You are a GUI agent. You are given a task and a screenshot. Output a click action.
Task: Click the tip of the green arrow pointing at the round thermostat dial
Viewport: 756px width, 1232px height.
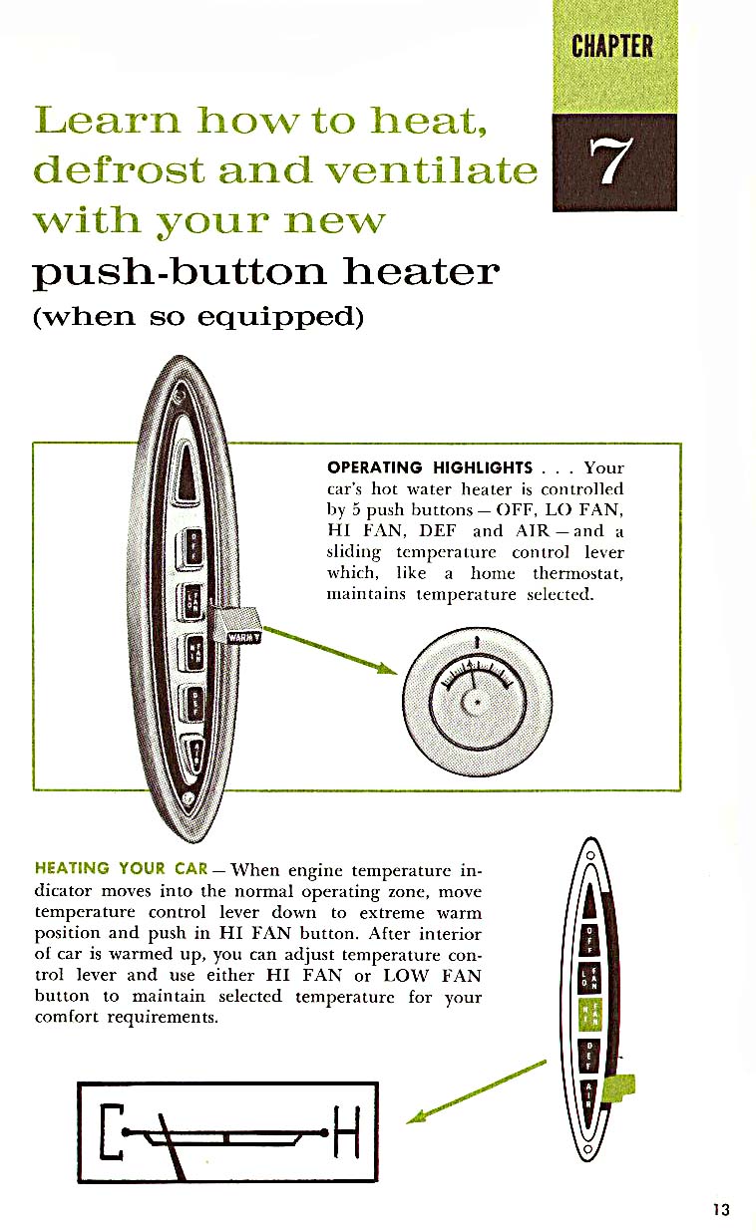point(397,673)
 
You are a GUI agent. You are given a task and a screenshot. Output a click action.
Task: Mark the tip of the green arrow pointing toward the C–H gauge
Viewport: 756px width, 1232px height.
point(407,1123)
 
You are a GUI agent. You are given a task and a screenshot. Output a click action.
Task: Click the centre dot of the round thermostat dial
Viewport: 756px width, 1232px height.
point(478,702)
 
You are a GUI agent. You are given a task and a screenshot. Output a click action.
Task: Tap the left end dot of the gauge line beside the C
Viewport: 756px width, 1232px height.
point(126,1132)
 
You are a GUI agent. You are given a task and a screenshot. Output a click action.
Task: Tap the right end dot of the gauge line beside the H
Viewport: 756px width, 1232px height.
point(324,1132)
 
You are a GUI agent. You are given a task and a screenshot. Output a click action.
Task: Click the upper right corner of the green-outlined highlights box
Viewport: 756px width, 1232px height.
point(681,444)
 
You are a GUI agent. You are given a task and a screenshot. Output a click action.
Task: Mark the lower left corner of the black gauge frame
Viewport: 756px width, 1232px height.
point(78,1181)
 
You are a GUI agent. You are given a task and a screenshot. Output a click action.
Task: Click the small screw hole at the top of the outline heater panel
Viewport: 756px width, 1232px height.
point(589,856)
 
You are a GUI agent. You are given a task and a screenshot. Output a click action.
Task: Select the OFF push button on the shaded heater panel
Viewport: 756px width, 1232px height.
point(190,548)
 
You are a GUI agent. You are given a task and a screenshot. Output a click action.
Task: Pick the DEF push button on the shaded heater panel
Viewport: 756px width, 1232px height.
point(192,704)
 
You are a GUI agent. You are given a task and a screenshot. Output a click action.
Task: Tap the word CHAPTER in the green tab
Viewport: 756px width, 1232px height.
point(612,46)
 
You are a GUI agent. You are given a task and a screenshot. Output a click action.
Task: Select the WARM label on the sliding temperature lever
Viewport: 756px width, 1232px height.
point(242,637)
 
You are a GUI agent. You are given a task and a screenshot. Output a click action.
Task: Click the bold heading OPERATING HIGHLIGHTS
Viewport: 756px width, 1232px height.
point(430,467)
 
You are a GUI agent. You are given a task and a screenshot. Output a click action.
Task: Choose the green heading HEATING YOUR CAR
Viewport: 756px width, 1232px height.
point(121,868)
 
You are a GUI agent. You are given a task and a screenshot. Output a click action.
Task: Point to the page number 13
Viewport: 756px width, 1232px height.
point(721,1210)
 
